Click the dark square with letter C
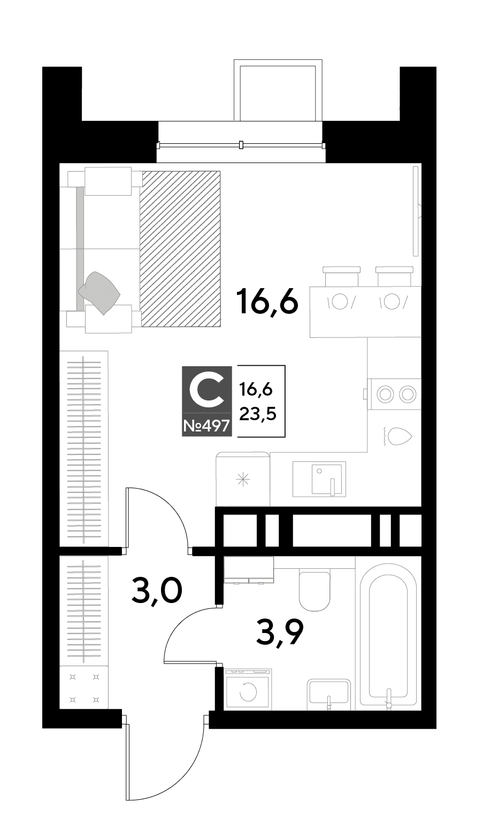coord(207,389)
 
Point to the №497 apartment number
coord(207,425)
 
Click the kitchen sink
coord(319,479)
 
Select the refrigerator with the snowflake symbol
coord(243,479)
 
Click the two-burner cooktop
coord(394,394)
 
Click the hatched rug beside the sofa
coord(180,249)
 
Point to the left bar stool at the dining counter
coord(341,276)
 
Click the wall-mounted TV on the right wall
coord(417,211)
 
